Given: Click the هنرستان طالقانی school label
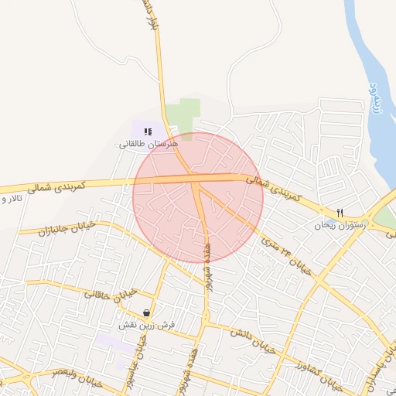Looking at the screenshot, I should [149, 144].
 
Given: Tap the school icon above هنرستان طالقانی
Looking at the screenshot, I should [148, 131].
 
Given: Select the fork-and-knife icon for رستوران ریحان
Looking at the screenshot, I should [339, 213].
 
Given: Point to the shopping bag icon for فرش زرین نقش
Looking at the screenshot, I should [146, 312].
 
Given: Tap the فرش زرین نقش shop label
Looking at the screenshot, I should [143, 326].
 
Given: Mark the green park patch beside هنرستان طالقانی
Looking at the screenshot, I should [186, 117].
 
